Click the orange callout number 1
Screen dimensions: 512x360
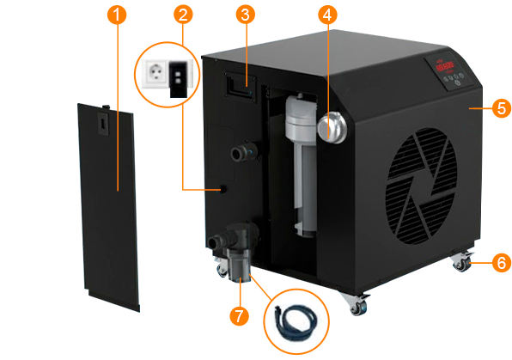[x=117, y=15]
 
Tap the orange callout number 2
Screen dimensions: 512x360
[x=183, y=15]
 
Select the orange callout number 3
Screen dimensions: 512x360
[x=245, y=15]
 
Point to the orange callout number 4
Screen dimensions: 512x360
[x=327, y=15]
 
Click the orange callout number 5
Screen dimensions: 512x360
[x=502, y=108]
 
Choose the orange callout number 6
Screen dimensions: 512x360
[x=502, y=263]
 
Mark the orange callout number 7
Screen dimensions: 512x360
[x=240, y=316]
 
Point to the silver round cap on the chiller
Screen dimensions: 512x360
[x=332, y=128]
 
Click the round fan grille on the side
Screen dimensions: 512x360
[x=421, y=186]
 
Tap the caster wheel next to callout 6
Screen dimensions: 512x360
[x=462, y=262]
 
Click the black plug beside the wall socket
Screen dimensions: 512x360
[x=179, y=79]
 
